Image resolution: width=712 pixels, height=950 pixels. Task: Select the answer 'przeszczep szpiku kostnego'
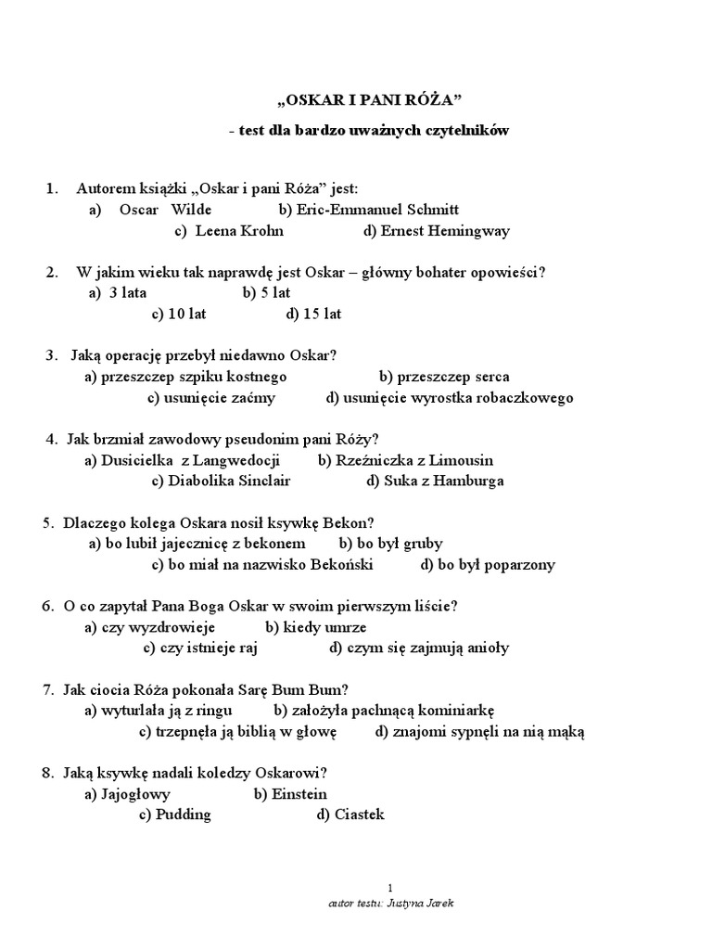click(x=185, y=377)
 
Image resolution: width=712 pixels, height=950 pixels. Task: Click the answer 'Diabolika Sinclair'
click(x=221, y=481)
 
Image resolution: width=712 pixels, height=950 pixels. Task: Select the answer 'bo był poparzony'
click(x=488, y=564)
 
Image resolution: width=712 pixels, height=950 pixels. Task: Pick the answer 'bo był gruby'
click(x=390, y=544)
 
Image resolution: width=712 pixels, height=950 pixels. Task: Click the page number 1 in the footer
click(x=389, y=888)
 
